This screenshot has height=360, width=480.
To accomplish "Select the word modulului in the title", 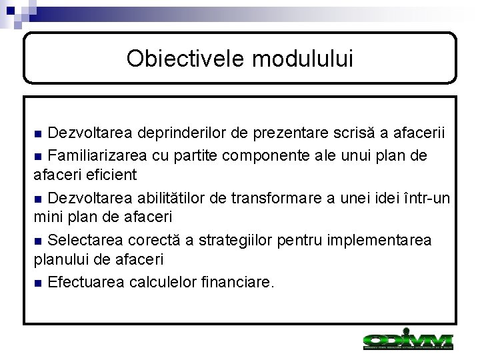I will pyautogui.click(x=303, y=59).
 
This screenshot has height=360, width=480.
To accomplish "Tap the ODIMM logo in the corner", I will pyautogui.click(x=407, y=341).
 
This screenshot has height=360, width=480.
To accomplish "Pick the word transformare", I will pyautogui.click(x=285, y=197).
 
